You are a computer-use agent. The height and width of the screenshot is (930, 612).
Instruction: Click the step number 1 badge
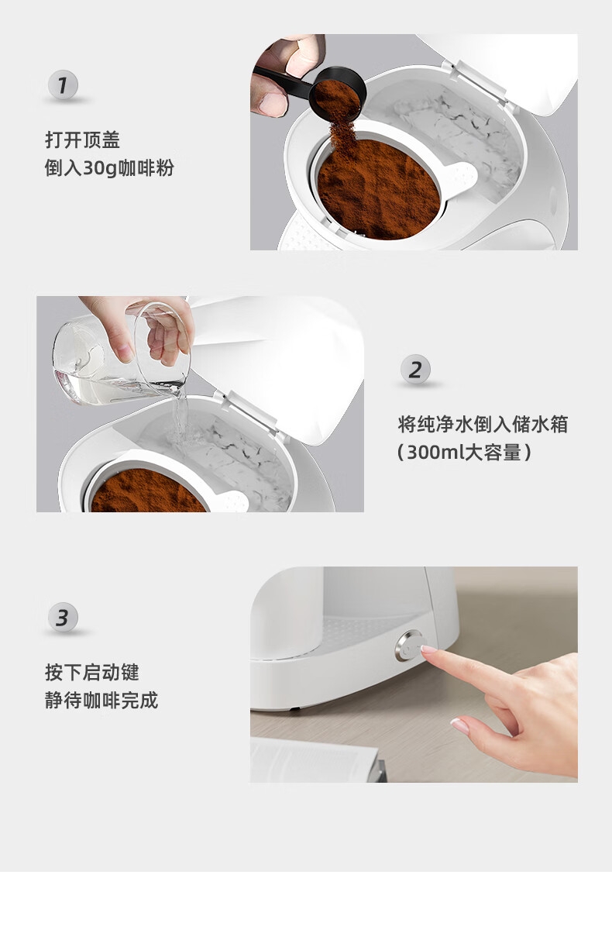63,85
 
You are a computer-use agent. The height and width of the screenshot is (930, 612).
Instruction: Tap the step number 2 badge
415,369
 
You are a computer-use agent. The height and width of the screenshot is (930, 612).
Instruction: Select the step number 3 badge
63,618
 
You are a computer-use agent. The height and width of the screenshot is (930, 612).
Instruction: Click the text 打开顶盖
83,140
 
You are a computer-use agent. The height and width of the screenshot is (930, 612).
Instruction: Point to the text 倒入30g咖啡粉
109,168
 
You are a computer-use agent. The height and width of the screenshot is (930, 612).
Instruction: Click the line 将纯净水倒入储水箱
483,425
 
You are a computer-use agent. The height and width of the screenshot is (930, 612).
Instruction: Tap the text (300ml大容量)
464,453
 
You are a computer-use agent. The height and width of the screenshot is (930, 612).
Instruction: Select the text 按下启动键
91,672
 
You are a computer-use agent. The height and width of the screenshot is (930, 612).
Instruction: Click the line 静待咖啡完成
101,701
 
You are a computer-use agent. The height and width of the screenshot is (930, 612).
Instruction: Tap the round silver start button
410,647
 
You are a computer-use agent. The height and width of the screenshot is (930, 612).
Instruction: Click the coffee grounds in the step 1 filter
378,190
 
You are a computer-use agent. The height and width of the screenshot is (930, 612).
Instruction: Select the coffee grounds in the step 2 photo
147,492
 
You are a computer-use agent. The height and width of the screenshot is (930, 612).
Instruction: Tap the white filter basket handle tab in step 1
462,177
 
